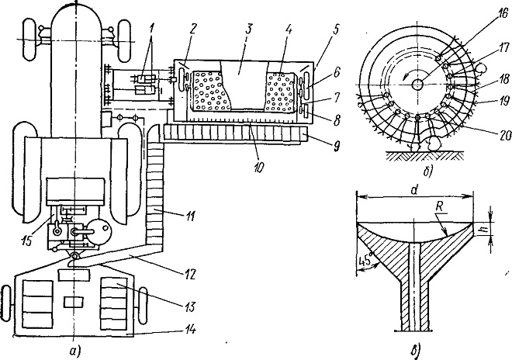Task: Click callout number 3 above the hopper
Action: click(249, 29)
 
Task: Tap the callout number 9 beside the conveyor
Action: click(334, 146)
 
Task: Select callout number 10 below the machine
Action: click(258, 168)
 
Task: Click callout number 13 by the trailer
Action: click(190, 307)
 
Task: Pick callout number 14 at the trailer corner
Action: click(190, 331)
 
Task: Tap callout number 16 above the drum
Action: click(503, 13)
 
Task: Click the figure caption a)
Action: click(74, 351)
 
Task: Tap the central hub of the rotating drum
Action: click(417, 85)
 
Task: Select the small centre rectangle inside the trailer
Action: click(74, 302)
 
